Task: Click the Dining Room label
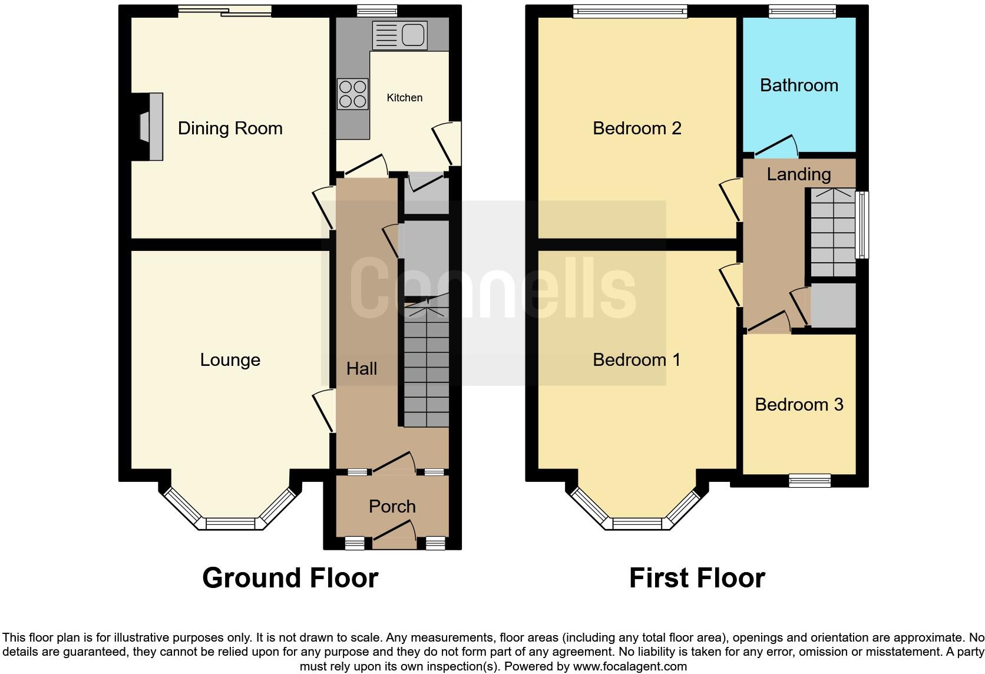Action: tap(230, 128)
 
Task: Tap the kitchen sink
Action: tap(400, 35)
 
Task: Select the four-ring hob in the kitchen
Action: tap(353, 94)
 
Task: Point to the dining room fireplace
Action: tap(150, 126)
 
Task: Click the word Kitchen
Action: tap(405, 98)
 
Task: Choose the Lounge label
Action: tap(230, 360)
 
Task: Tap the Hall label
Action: tap(362, 368)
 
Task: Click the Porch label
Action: tap(392, 507)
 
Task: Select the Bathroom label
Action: tap(799, 85)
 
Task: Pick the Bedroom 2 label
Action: tap(637, 128)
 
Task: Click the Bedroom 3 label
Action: tap(799, 405)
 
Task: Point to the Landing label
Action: tap(799, 174)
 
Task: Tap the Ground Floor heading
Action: tap(290, 577)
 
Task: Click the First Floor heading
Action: tap(697, 577)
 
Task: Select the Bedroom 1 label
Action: tap(636, 360)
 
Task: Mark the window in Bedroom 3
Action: tap(809, 480)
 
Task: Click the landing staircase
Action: tap(833, 232)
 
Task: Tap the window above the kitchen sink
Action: tap(377, 11)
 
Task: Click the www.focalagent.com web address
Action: tap(630, 666)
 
